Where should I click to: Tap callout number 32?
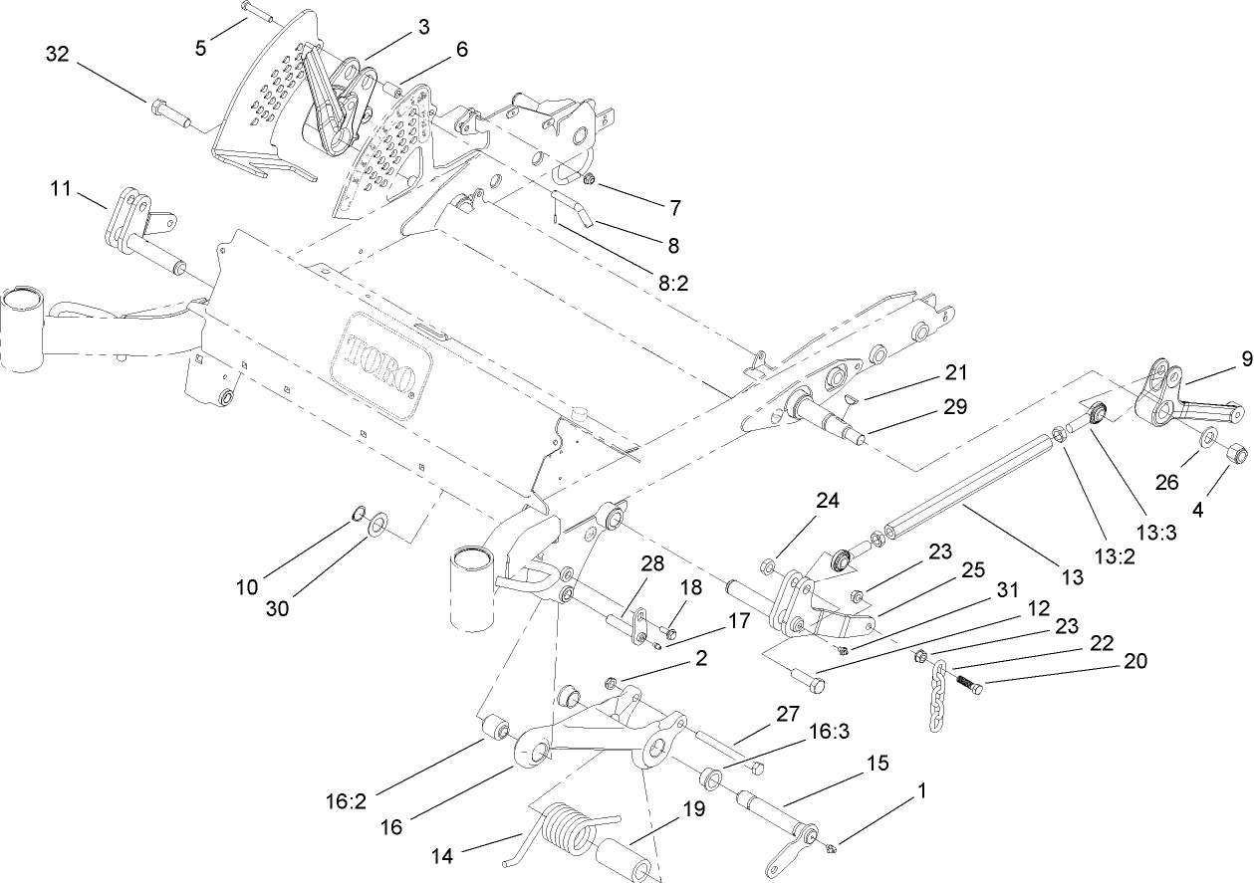point(57,55)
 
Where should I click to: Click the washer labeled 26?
point(1205,438)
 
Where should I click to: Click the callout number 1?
point(922,791)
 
